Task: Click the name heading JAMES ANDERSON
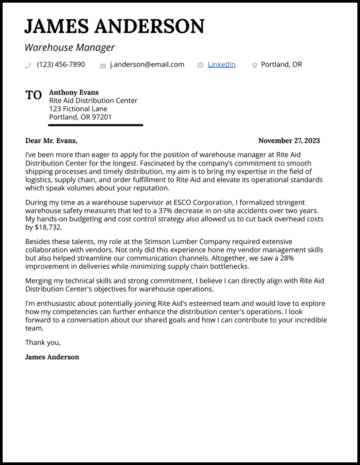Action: tap(114, 27)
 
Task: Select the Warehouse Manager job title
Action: tap(70, 47)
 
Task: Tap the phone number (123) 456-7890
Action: tap(61, 65)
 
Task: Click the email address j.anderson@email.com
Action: tap(147, 65)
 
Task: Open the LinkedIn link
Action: tap(221, 65)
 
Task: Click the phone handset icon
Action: tap(28, 66)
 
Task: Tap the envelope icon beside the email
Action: tap(103, 66)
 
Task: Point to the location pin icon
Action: tap(254, 66)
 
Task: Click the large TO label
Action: tap(34, 95)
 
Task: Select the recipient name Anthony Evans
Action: tap(74, 93)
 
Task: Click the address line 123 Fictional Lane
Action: tap(78, 109)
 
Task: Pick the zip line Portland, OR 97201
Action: tap(80, 118)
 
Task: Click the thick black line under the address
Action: tap(95, 125)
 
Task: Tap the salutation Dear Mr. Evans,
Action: tap(51, 141)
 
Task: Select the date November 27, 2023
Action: tap(289, 141)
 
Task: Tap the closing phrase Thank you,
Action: tap(43, 343)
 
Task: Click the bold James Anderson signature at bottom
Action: tap(52, 357)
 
